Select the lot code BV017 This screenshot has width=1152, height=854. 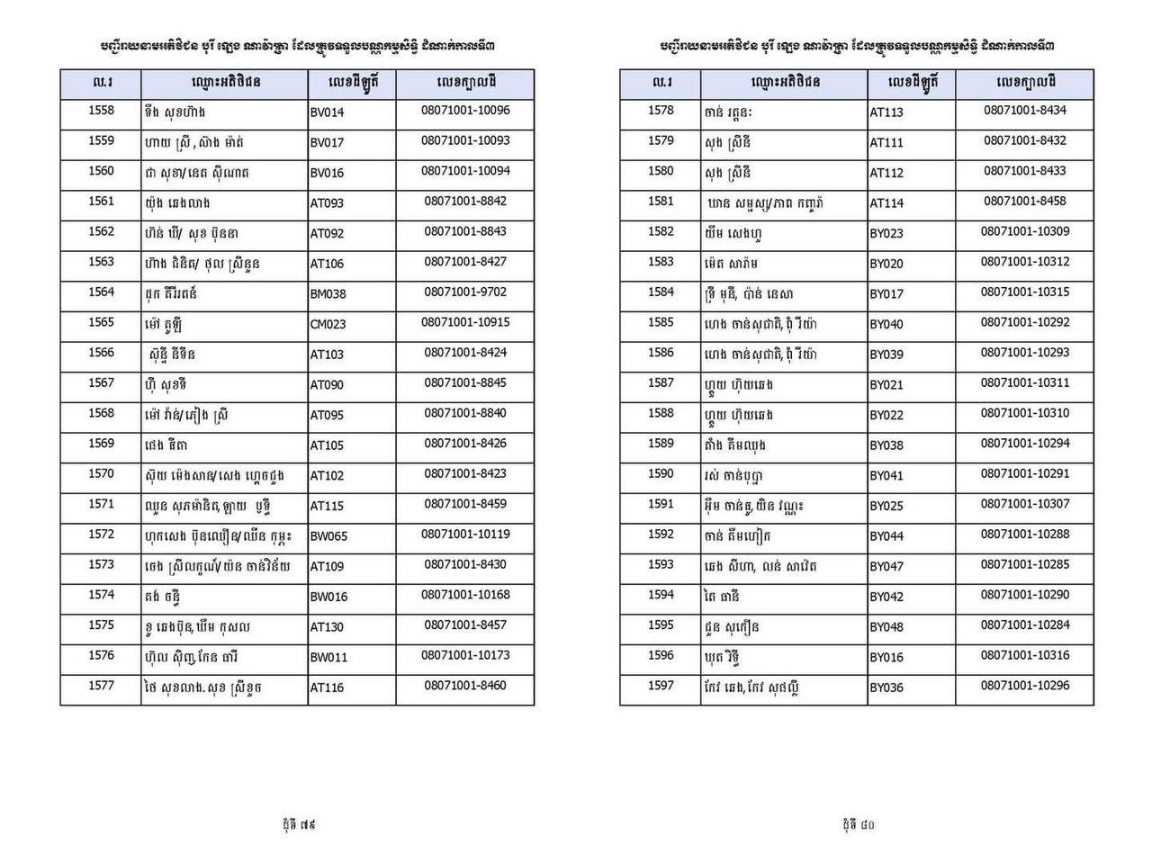click(327, 143)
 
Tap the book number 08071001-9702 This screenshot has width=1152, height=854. click(465, 292)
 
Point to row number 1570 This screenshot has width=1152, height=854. click(101, 473)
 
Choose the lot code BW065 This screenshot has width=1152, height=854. click(329, 536)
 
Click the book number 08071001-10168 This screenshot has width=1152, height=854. click(465, 594)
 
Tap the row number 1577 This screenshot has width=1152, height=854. click(101, 686)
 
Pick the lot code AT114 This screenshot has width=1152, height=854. click(886, 203)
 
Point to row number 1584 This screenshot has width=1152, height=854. click(661, 292)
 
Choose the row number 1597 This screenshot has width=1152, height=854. click(661, 686)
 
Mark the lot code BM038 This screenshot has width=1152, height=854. click(328, 294)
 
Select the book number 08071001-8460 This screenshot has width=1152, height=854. click(465, 686)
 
